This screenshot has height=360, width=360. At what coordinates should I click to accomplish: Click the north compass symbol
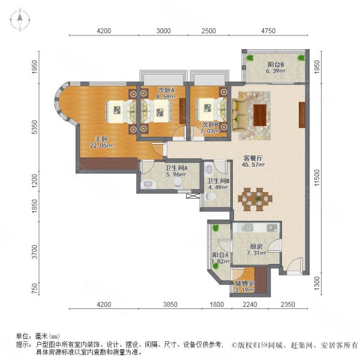[20, 20]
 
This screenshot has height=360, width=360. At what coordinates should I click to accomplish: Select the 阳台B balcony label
[275, 64]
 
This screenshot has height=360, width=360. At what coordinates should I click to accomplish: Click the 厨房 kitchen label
[257, 246]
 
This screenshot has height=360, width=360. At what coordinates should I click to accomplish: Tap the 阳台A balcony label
[219, 255]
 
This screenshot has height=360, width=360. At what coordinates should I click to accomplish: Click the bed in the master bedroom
[118, 110]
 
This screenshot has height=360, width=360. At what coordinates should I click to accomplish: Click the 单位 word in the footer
[23, 337]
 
